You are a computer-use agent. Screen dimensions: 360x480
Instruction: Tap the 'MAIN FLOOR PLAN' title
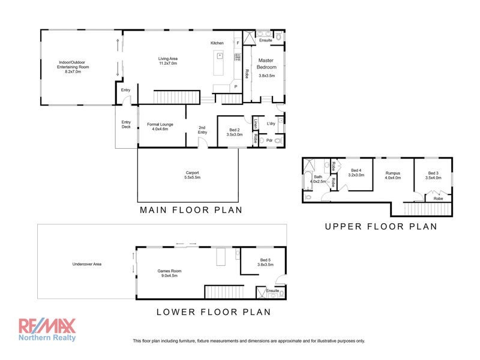[191, 210]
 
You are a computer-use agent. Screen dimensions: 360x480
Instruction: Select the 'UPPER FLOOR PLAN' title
[380, 226]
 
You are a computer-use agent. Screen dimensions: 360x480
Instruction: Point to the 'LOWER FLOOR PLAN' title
[213, 311]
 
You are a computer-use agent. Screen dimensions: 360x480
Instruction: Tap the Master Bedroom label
[266, 67]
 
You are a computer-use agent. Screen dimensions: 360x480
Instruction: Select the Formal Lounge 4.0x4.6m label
[160, 127]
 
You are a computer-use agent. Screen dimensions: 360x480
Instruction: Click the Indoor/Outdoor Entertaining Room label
[74, 65]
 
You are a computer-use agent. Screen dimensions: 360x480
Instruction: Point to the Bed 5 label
[265, 262]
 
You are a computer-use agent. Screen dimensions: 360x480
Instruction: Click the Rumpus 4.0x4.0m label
[392, 175]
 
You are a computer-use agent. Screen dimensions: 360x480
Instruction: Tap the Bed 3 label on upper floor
[433, 175]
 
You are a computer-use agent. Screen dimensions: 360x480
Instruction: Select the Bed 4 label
[356, 172]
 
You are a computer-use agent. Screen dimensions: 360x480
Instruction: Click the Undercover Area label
[86, 263]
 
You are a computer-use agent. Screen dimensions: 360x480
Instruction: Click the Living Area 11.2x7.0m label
[168, 61]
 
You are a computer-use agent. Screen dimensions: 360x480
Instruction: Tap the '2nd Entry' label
[202, 130]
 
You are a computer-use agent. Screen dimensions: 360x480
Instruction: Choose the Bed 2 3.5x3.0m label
[234, 133]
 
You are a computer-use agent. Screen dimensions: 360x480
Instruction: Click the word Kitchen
[217, 43]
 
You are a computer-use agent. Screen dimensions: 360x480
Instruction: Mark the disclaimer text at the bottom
[248, 341]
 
